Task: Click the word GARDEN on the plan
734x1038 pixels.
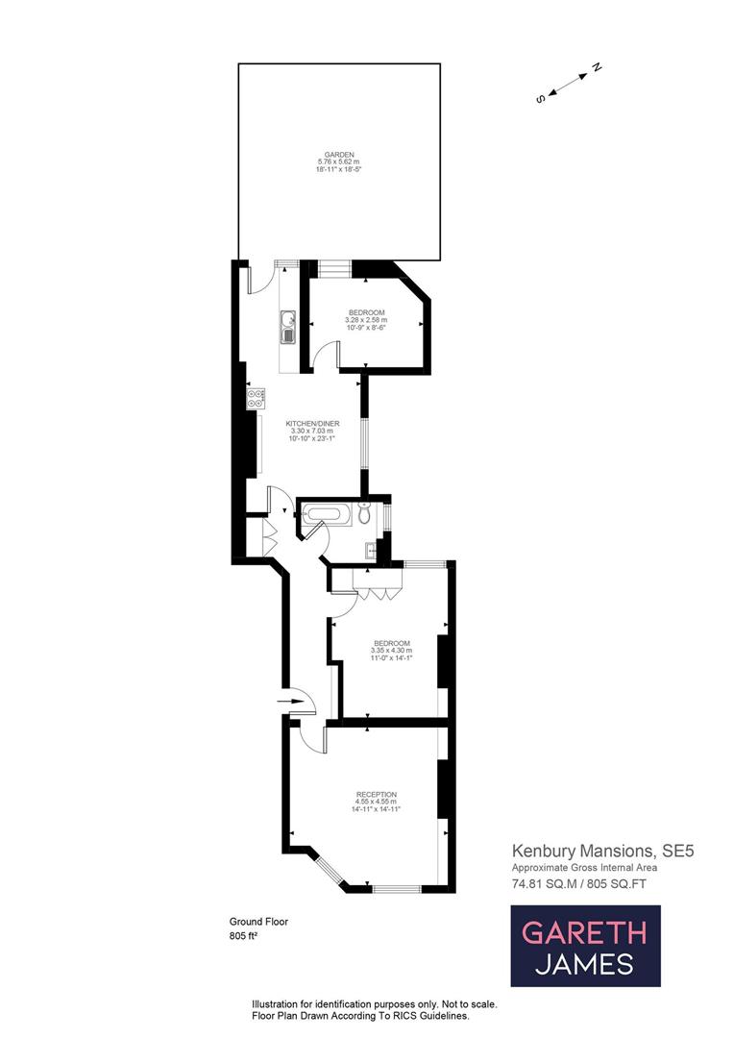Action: coord(339,155)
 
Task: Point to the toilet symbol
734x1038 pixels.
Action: coord(363,514)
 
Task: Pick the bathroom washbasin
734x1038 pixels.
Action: coord(371,550)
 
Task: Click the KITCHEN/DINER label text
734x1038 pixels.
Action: coord(311,423)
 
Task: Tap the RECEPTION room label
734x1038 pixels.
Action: coord(376,794)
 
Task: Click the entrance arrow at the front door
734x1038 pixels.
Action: coord(289,703)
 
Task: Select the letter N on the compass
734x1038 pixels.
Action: coord(596,68)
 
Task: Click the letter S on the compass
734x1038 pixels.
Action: coord(541,98)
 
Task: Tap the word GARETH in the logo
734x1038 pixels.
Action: coord(585,931)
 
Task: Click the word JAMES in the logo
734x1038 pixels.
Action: coord(585,963)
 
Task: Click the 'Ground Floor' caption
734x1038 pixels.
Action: coord(258,922)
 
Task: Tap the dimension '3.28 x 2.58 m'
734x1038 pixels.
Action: coord(367,320)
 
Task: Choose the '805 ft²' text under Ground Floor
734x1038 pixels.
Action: coord(245,935)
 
